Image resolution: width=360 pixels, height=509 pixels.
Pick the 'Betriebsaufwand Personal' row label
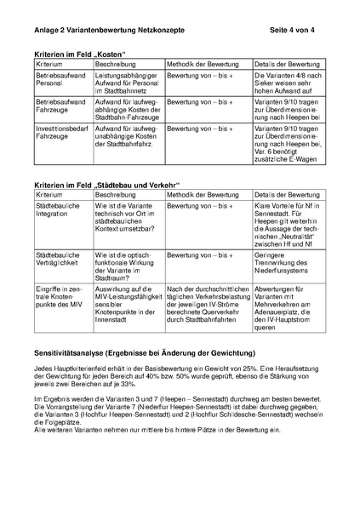(60, 81)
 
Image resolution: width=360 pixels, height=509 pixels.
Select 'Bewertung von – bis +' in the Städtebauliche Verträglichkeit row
(200, 254)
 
